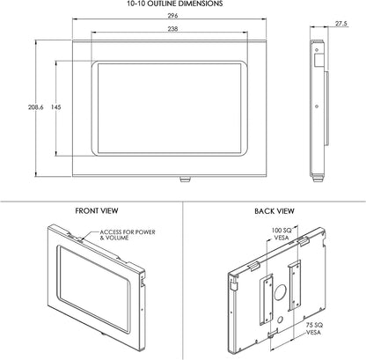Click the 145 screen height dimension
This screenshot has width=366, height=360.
click(55, 107)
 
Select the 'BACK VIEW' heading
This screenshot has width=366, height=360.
click(274, 212)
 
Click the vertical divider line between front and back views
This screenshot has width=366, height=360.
click(183, 282)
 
